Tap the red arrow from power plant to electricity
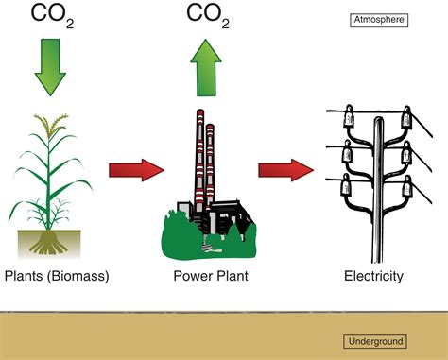[x=284, y=170]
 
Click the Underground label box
[x=375, y=341]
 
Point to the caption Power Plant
[x=205, y=277]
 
